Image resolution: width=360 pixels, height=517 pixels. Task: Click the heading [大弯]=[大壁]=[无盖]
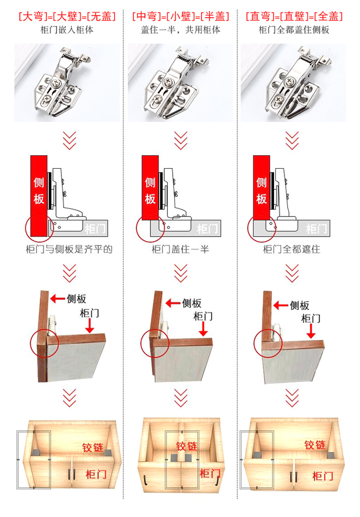coord(67,18)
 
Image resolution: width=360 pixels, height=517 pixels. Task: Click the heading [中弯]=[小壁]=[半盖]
coord(180,18)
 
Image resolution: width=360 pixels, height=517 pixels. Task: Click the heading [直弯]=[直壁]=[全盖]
coord(294,18)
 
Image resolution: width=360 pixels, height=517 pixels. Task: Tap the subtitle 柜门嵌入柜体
coord(67,30)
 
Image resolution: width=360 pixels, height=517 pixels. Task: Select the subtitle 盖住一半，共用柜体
coord(180,30)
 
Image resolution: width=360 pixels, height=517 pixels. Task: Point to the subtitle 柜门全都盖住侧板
coord(294,30)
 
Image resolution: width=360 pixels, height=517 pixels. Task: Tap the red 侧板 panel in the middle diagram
coord(150,189)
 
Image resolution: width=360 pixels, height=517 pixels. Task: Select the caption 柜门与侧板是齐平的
coord(69,249)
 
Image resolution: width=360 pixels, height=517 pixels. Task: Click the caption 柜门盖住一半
coord(180,249)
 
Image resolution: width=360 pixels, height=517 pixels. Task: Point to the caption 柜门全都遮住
coord(292,249)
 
